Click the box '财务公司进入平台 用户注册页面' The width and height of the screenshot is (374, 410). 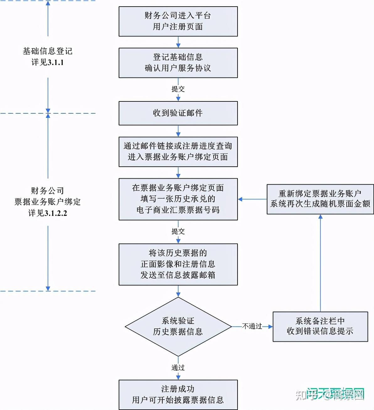click(178, 21)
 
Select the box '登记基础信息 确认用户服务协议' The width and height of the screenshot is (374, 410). click(178, 62)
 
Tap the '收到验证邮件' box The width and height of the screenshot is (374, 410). click(178, 113)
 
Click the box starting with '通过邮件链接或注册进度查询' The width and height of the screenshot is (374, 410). click(178, 151)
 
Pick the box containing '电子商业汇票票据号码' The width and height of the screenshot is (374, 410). click(178, 199)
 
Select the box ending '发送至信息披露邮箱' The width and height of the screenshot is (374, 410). click(178, 264)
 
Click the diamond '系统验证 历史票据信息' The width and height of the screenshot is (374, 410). click(178, 326)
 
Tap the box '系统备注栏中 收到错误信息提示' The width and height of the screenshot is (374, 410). click(320, 326)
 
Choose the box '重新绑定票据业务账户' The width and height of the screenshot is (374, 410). click(320, 199)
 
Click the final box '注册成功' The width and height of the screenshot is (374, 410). click(178, 394)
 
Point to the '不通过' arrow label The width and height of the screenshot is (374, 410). click(252, 326)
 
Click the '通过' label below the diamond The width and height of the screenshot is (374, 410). click(178, 368)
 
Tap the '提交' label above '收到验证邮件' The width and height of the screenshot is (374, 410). click(178, 89)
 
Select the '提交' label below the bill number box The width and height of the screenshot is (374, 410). click(178, 232)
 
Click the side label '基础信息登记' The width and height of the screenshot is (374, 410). click(48, 51)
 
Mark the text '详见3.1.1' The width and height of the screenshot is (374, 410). click(48, 62)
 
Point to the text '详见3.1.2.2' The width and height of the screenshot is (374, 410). click(48, 213)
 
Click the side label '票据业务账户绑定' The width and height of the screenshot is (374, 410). click(48, 202)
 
